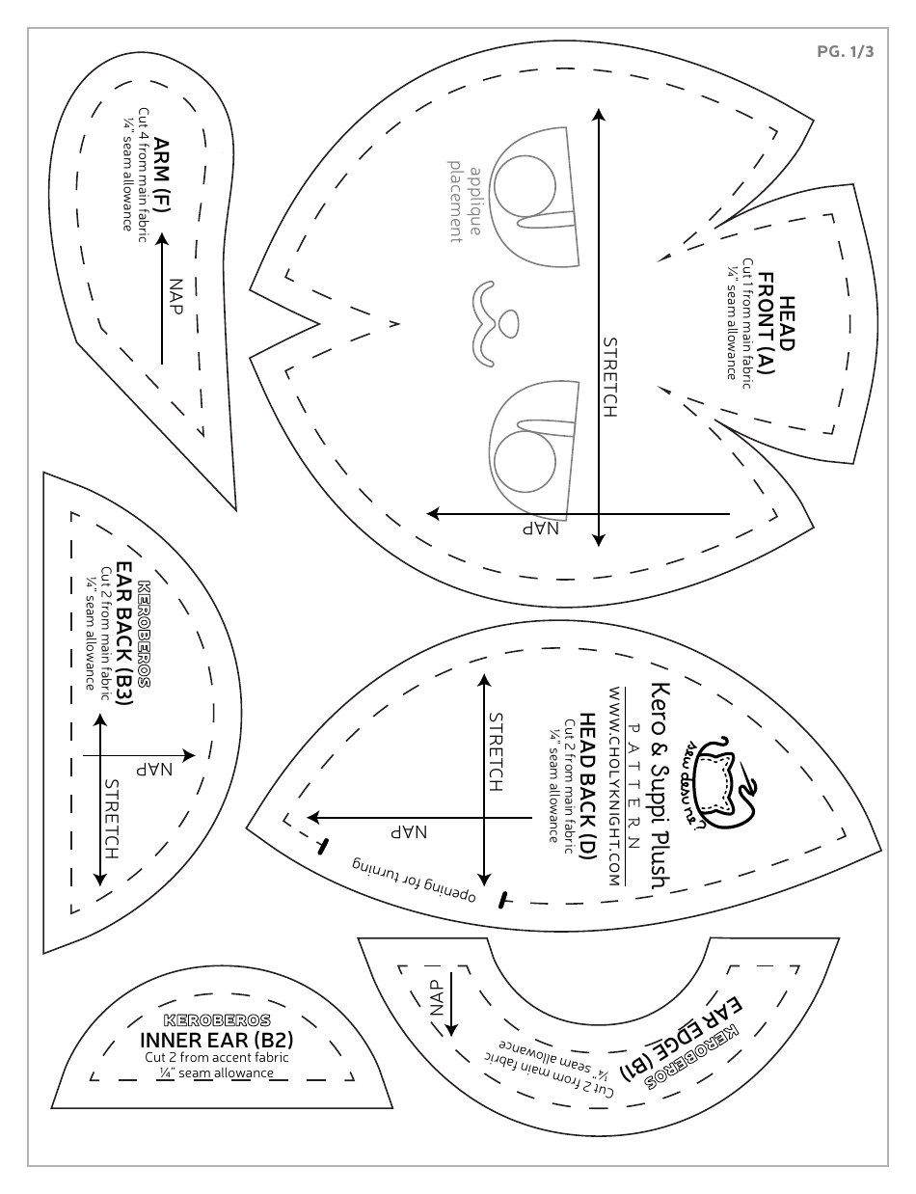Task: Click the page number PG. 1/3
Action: (x=845, y=53)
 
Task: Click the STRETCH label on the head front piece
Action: (x=609, y=376)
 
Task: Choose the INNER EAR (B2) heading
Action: (x=217, y=1041)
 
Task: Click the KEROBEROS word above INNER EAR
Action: (x=217, y=1020)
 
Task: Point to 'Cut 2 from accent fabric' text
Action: (x=217, y=1057)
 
